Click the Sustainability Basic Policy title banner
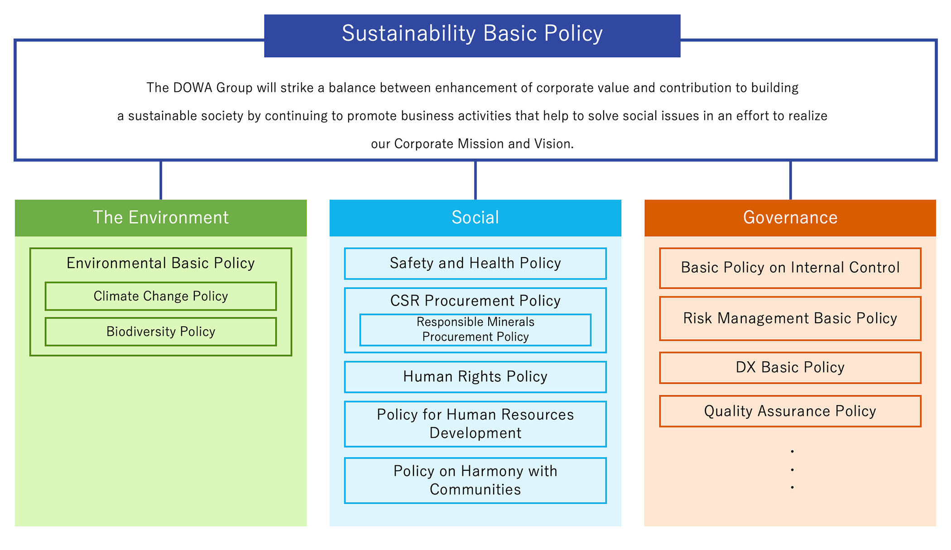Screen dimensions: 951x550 [472, 36]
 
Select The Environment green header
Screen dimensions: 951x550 [161, 218]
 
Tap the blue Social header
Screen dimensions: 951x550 [475, 218]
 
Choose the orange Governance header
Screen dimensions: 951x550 [790, 218]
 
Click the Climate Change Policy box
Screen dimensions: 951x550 [161, 296]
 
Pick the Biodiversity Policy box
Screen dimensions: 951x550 [161, 332]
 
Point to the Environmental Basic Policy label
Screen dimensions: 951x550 [161, 263]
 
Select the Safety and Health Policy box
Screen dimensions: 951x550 [475, 263]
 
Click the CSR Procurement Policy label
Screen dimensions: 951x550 [475, 301]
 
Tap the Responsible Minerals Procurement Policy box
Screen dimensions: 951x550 [475, 330]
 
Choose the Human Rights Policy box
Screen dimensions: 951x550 [475, 377]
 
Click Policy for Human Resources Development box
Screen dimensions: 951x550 [475, 424]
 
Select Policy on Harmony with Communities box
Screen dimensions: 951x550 [475, 481]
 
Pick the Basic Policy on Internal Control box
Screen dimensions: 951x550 [790, 268]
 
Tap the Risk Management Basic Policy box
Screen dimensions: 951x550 [790, 319]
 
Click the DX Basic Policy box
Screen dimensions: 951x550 [790, 368]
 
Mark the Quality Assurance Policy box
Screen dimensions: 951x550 [790, 411]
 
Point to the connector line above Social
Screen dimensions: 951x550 [475, 180]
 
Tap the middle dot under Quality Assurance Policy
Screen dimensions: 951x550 [792, 470]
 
